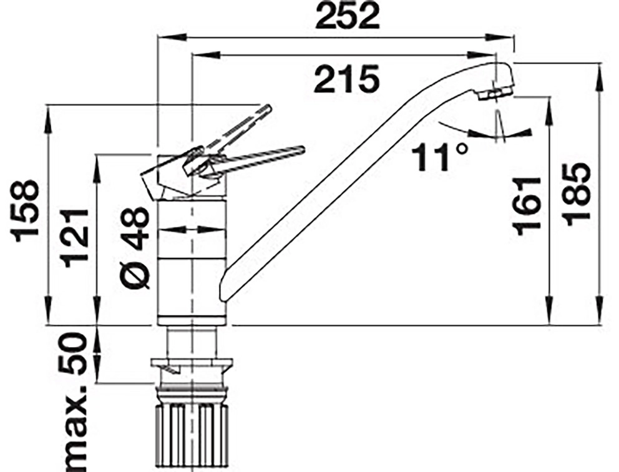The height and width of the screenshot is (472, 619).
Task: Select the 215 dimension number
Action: [347, 79]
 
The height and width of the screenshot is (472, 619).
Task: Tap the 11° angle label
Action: [439, 157]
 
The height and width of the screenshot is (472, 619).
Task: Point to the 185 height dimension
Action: [578, 195]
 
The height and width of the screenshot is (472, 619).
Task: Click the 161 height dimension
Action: [527, 206]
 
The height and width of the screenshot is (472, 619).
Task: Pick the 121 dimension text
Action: [76, 238]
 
